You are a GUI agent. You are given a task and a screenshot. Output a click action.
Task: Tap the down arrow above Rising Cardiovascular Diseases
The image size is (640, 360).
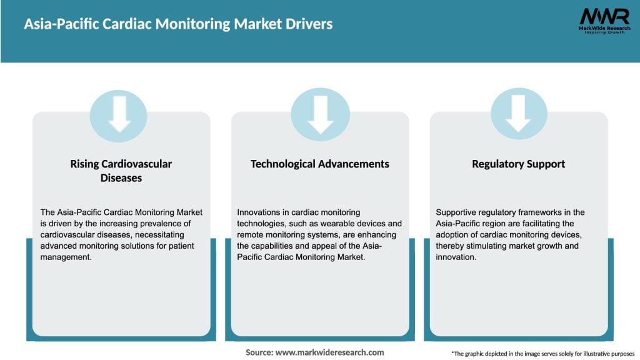(x=119, y=114)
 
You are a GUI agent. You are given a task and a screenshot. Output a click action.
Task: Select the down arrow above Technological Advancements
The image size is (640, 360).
(x=320, y=114)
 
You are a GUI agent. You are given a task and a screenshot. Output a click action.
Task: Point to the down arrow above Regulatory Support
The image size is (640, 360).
(x=518, y=114)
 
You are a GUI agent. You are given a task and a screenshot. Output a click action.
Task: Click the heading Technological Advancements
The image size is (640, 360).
(x=319, y=164)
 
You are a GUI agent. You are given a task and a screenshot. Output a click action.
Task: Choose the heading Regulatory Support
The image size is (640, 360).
(x=518, y=164)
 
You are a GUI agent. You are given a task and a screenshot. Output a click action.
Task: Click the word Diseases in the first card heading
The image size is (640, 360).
(x=121, y=178)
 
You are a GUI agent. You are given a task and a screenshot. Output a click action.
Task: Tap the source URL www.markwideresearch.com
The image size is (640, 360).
(x=329, y=352)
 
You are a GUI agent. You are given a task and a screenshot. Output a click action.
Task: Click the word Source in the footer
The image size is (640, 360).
(x=259, y=352)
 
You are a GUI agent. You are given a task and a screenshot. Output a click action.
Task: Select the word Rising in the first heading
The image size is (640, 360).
(x=85, y=164)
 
